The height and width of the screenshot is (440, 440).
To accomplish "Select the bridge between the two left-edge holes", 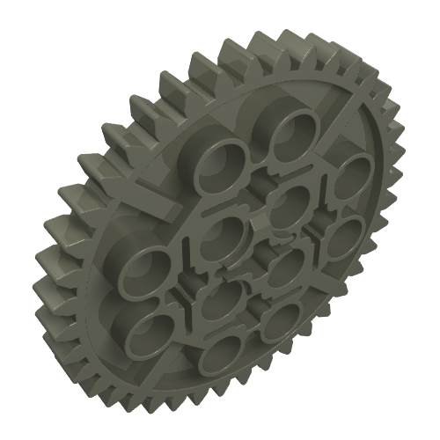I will (151, 296).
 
